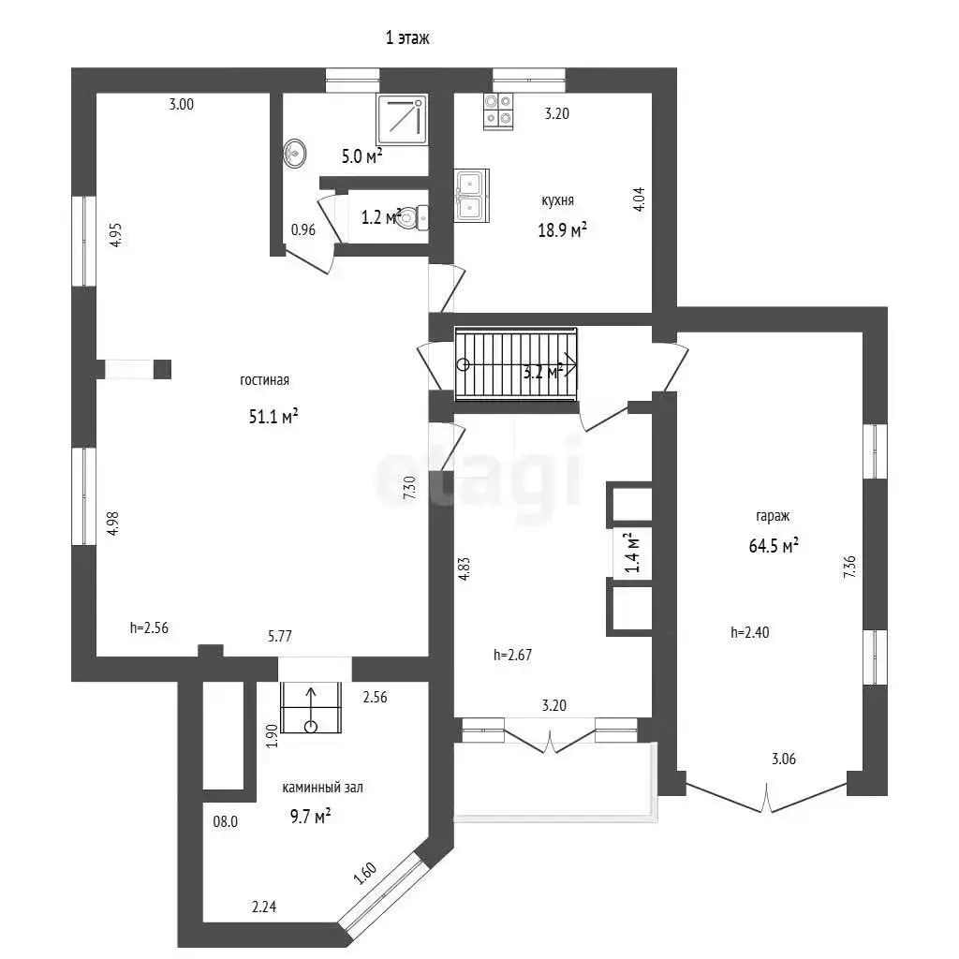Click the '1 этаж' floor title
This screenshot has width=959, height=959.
click(407, 37)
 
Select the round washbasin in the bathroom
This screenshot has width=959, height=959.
click(295, 153)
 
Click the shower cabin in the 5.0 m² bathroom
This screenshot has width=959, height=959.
click(402, 120)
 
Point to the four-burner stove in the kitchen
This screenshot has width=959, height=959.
click(498, 111)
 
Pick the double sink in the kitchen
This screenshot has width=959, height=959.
click(472, 196)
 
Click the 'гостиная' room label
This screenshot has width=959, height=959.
click(264, 380)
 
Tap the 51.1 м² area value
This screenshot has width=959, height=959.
click(273, 417)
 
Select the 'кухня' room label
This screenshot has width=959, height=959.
click(557, 200)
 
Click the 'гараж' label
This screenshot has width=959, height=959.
click(773, 516)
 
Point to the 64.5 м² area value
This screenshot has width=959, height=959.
click(774, 545)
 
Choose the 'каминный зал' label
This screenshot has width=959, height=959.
click(322, 788)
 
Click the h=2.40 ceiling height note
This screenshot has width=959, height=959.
click(750, 632)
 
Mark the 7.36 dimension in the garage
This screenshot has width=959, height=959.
click(849, 567)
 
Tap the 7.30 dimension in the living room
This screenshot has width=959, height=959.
click(409, 487)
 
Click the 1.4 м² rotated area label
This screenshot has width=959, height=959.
click(632, 553)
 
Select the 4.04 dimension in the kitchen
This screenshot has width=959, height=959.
click(638, 199)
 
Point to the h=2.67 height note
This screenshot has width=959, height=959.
click(512, 655)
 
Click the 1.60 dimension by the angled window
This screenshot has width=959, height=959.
click(365, 874)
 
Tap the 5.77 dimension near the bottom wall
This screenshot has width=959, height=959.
click(279, 636)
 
